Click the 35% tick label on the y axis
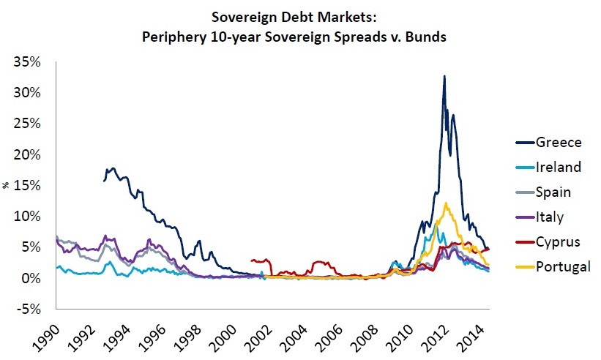pos(27,61)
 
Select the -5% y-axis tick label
pos(29,309)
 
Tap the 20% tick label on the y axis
pos(27,154)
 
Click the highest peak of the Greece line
pos(444,76)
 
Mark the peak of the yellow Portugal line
pos(446,203)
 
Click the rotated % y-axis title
pos(6,185)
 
